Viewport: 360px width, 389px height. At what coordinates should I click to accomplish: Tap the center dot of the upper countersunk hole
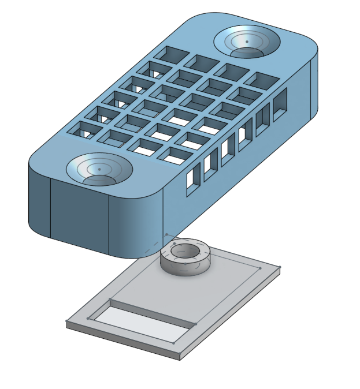[247, 42]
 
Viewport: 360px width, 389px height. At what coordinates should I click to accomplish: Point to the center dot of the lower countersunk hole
[99, 169]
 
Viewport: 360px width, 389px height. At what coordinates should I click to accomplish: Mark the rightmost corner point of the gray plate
[280, 267]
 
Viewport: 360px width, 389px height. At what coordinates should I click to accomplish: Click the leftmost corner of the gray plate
[67, 321]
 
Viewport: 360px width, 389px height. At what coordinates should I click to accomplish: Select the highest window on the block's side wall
[280, 102]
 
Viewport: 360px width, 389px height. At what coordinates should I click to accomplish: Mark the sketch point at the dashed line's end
[167, 235]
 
